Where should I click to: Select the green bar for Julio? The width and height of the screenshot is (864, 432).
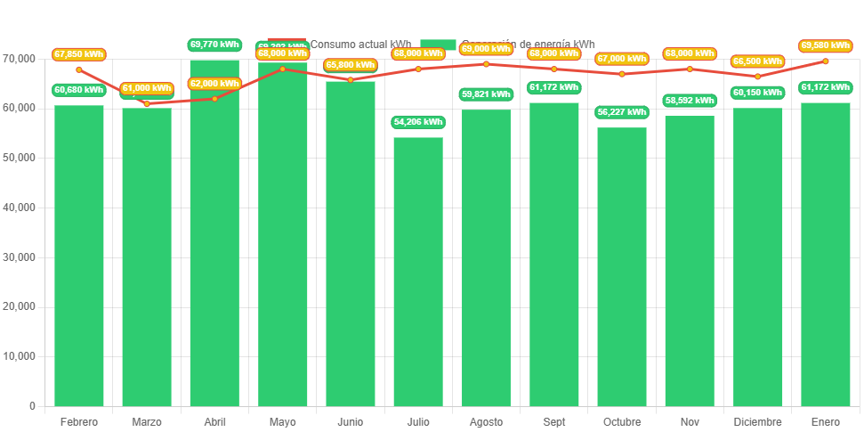(x=417, y=272)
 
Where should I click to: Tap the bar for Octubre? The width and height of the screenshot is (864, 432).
(x=621, y=267)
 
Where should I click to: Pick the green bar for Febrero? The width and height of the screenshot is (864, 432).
(x=79, y=256)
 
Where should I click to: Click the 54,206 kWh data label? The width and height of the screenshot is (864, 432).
(x=417, y=122)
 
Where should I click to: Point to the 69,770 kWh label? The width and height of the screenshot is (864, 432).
(x=214, y=44)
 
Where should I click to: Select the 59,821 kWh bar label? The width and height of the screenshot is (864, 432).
(x=486, y=94)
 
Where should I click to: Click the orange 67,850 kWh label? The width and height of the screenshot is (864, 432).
(x=79, y=54)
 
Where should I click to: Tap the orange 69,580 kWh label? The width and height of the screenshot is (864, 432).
(x=826, y=45)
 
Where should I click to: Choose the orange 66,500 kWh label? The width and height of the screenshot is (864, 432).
(x=757, y=61)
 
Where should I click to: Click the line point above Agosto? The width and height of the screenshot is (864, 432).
(x=486, y=64)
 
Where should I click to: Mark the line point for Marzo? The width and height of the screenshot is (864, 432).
(x=147, y=103)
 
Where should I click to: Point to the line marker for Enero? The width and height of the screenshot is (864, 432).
(x=826, y=61)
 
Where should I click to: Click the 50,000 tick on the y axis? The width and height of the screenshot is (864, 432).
(x=19, y=158)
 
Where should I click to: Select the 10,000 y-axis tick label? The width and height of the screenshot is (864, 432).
(x=19, y=356)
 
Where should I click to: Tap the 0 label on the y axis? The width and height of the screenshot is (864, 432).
(x=32, y=406)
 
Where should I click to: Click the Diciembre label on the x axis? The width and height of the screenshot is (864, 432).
(x=757, y=422)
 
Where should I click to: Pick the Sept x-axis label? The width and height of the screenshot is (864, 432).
(x=553, y=422)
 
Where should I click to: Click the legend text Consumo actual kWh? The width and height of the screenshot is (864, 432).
(x=360, y=44)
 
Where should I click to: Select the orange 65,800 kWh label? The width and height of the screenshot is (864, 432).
(x=350, y=65)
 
